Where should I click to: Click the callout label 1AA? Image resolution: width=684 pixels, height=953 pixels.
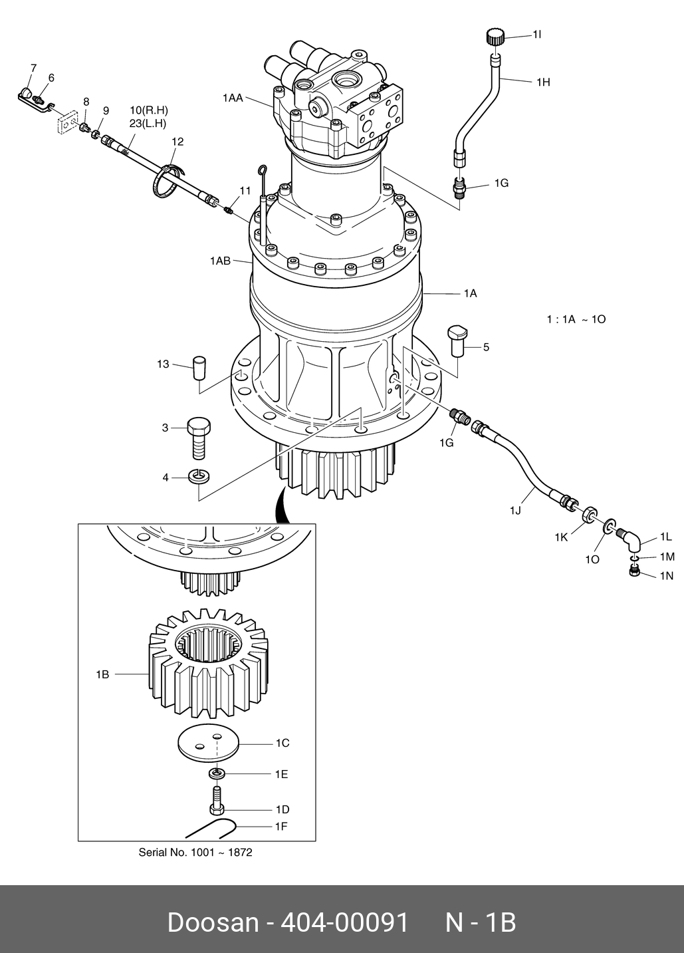point(232,98)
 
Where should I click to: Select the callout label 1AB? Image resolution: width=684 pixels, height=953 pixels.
point(220,261)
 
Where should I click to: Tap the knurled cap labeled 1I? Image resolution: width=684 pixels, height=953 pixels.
point(495,37)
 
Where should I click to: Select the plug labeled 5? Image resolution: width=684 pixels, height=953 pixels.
point(457,339)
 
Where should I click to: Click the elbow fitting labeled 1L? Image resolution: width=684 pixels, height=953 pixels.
point(629,539)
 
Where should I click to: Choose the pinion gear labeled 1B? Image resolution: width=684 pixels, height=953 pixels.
point(208,665)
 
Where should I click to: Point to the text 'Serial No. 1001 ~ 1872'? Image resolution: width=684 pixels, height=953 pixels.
point(195,852)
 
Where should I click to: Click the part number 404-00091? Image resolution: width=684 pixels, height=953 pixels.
point(345,923)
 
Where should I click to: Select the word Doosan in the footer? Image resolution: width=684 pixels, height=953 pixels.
point(212,923)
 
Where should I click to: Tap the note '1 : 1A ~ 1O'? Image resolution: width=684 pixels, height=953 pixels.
point(576,319)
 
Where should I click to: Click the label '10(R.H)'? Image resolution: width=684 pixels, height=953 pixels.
point(148,110)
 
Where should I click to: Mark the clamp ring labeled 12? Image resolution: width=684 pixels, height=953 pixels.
point(166,182)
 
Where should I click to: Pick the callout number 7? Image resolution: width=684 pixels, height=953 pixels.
point(33,68)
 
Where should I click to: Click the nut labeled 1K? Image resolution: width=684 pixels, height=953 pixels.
point(588,515)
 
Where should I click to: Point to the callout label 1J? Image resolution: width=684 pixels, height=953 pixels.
point(515,510)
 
